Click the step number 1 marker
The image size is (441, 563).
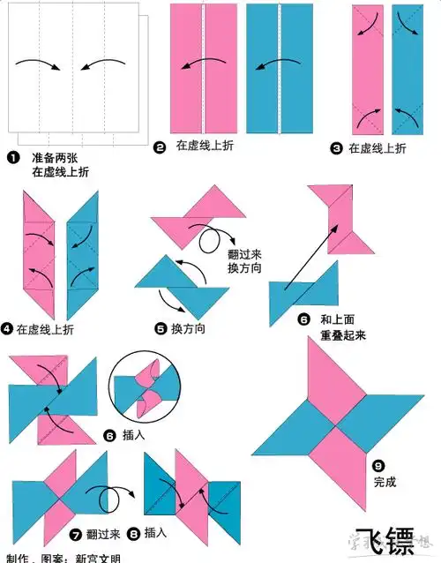13,157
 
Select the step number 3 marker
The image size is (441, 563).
335,149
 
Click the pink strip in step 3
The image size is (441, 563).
368,71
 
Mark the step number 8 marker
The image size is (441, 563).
133,534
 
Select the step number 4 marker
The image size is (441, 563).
7,329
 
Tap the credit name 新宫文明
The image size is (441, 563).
97,558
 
